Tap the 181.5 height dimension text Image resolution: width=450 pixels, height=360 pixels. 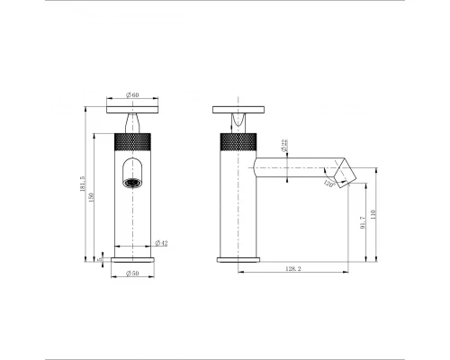coord(84,184)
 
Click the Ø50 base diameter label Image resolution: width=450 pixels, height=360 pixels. coord(131,273)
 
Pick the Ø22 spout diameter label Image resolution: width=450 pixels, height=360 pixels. coord(284,148)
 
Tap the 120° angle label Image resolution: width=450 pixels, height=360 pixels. coord(329,184)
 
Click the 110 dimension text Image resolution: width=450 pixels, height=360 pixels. coord(373,214)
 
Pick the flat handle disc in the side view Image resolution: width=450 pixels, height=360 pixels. coord(238,110)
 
